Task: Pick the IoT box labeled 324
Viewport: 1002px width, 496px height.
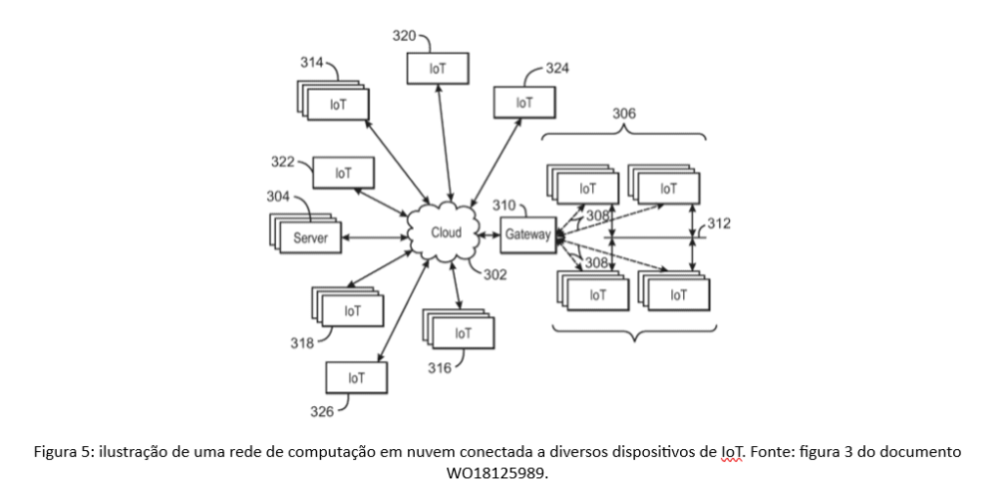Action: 524,102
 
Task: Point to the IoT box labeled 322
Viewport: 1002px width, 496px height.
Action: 342,173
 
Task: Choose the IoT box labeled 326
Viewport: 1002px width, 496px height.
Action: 356,377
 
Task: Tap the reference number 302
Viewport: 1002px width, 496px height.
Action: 495,275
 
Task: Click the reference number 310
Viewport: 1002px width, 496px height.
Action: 503,205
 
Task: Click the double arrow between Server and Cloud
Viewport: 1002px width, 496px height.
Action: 375,237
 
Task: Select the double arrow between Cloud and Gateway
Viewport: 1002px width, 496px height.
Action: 488,235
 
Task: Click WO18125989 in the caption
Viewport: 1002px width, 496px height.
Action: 500,473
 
